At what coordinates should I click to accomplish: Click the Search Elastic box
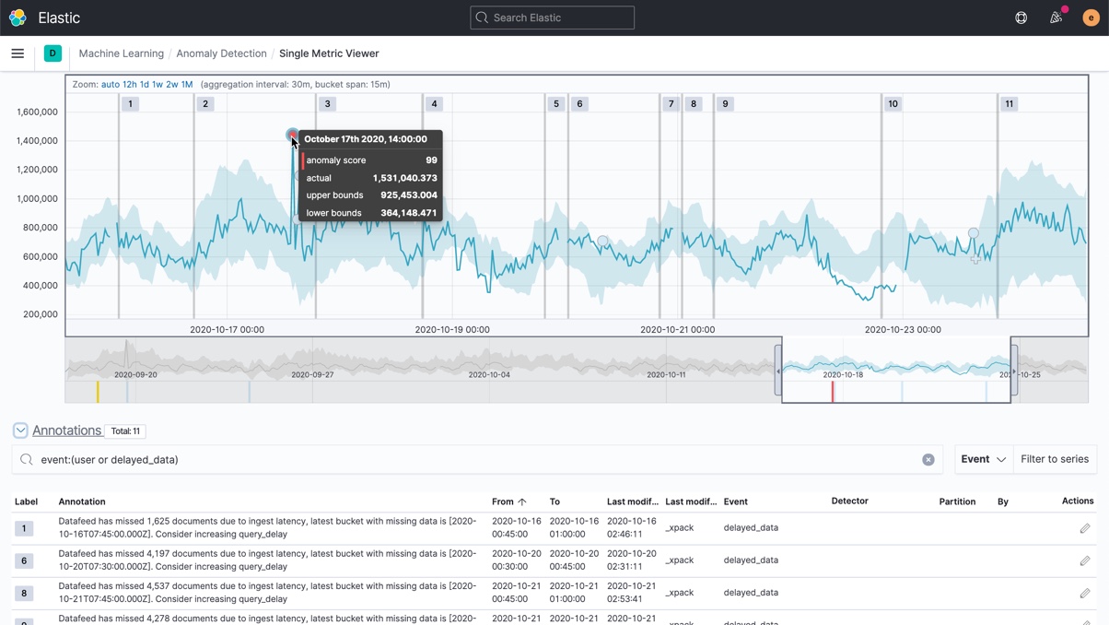click(552, 18)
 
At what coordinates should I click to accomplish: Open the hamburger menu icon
click(18, 53)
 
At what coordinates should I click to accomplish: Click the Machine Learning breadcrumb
click(121, 53)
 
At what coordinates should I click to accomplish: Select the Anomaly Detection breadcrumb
click(221, 53)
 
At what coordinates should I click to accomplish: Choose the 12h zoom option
click(130, 85)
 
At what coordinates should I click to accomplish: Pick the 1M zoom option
click(187, 85)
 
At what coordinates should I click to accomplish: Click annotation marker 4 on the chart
click(435, 104)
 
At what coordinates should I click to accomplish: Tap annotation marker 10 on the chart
click(893, 104)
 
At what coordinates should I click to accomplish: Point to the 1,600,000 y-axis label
click(37, 112)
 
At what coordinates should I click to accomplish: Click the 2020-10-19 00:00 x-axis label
click(452, 329)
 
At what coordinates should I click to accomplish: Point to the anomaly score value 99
click(431, 160)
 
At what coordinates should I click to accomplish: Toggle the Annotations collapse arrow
click(20, 430)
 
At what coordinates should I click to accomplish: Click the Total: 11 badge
click(124, 431)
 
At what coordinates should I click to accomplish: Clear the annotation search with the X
click(928, 460)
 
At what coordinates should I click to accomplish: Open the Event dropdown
click(983, 459)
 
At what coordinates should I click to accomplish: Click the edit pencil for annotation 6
click(1085, 560)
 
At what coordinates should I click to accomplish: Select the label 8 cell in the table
click(24, 593)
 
